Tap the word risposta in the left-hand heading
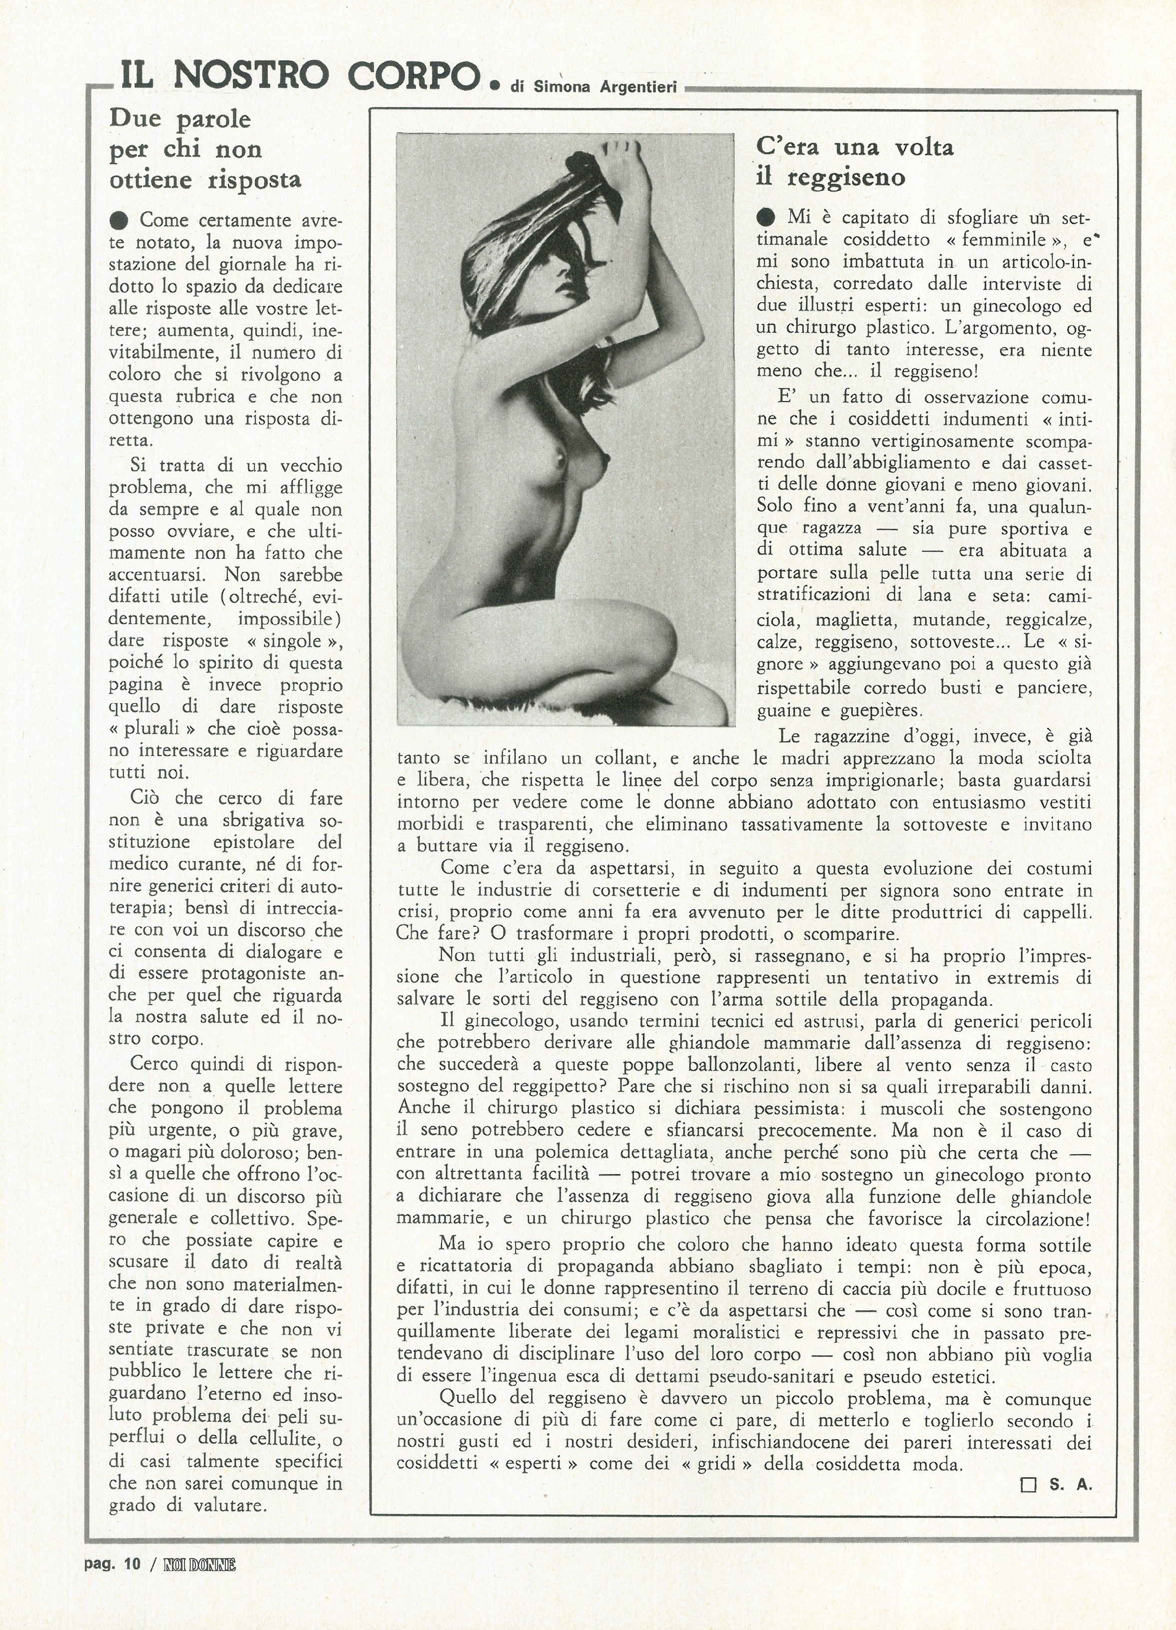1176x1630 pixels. coord(254,180)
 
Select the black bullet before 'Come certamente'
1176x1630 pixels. coord(120,219)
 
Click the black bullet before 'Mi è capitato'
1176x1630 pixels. coord(767,216)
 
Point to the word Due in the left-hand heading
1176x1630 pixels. coord(136,118)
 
